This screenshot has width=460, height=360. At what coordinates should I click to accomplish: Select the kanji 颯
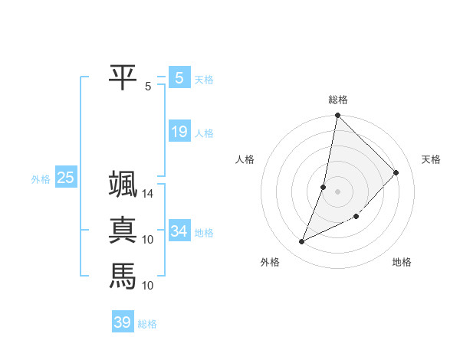(x=123, y=185)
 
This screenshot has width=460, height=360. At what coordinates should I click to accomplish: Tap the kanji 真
(x=123, y=230)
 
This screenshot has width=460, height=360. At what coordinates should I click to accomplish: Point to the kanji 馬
(x=123, y=275)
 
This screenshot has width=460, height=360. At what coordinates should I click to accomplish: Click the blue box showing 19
(x=179, y=132)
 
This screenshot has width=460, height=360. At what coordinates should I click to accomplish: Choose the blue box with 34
(x=179, y=231)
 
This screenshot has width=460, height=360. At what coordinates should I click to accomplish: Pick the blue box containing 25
(x=65, y=178)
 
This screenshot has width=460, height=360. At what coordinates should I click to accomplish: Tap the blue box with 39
(x=122, y=322)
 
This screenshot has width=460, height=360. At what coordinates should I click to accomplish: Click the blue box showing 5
(x=179, y=77)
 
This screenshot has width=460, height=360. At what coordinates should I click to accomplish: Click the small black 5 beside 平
(x=147, y=86)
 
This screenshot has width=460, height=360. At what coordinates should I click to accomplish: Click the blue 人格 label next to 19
(x=204, y=133)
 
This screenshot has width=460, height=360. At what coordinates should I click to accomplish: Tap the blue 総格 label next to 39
(x=147, y=324)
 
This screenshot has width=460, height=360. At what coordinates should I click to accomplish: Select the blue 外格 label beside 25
(x=41, y=179)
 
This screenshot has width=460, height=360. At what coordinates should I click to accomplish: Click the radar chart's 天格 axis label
(x=432, y=159)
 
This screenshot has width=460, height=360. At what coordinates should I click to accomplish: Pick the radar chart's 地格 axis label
(x=402, y=262)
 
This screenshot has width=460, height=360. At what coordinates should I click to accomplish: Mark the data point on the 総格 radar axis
(x=337, y=116)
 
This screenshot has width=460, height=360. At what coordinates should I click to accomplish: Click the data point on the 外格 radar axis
(x=302, y=242)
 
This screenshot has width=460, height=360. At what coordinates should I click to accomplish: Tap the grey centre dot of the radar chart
(x=337, y=191)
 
